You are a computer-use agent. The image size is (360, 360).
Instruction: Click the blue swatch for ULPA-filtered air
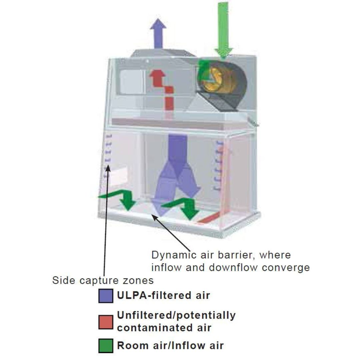(106, 296)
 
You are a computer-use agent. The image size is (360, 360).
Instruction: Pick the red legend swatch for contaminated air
(106, 321)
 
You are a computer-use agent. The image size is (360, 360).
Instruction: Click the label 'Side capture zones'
(103, 280)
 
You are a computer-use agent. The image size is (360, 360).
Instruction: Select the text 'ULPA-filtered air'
(163, 295)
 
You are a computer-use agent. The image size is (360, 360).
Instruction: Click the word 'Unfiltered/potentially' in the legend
(176, 315)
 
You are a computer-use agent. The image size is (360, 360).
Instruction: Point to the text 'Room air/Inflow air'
(170, 345)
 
